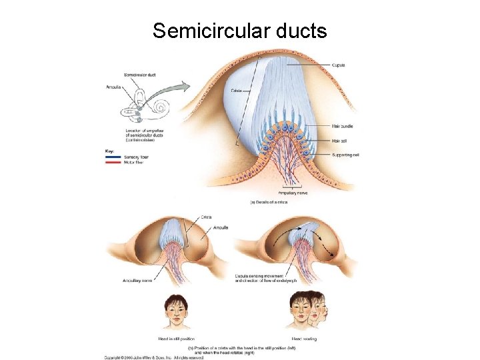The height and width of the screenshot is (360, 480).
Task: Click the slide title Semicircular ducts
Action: click(x=239, y=31)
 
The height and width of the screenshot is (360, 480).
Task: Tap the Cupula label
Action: click(x=338, y=65)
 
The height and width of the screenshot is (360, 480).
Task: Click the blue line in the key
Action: click(x=113, y=157)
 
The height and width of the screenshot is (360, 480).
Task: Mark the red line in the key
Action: click(x=113, y=162)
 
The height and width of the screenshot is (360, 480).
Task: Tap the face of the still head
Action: click(x=176, y=311)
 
